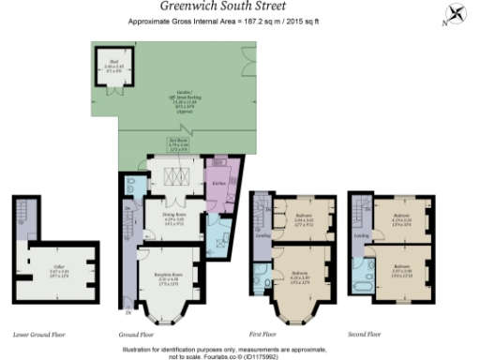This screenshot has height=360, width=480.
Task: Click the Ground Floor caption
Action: click(137, 334)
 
